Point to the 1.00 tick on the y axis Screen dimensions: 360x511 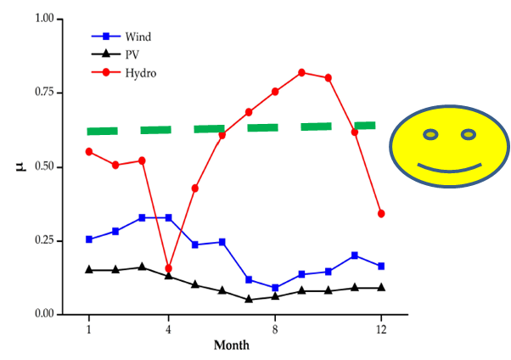42,19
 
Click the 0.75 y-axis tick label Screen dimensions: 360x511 42,93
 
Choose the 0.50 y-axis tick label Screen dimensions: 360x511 42,166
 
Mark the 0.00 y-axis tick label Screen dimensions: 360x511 42,314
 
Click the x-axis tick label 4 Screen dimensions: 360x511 169,329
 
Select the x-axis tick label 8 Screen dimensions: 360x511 275,329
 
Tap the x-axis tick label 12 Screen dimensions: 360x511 381,329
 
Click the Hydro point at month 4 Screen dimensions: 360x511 169,268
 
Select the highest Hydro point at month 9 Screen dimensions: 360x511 301,72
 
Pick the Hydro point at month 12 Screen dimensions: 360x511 381,213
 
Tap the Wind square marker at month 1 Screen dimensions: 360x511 89,239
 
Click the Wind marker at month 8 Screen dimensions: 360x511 275,288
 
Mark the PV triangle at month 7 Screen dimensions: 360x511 249,299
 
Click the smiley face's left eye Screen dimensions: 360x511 431,134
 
